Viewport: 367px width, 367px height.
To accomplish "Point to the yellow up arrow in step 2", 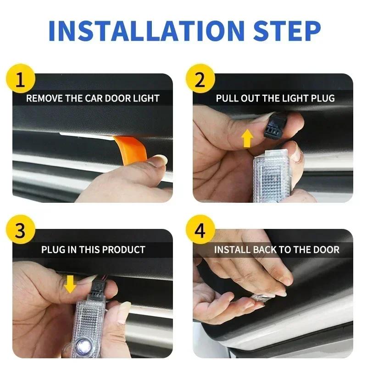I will click(247, 138).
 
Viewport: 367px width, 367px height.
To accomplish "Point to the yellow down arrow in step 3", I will click(70, 284).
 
